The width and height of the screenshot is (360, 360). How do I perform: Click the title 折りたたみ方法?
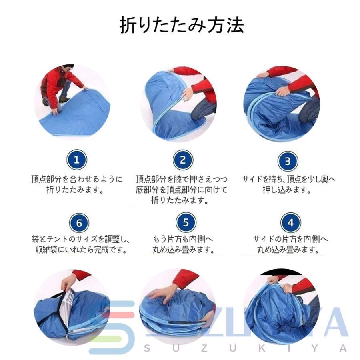(x=182, y=25)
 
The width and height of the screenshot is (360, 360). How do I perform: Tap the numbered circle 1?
(x=77, y=160)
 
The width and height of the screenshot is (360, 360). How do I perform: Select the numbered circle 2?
(x=183, y=160)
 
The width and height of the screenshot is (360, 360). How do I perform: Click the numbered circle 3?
(x=288, y=162)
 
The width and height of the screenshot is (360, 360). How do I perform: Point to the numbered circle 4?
(x=290, y=223)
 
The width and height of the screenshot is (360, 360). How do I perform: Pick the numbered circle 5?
(x=186, y=222)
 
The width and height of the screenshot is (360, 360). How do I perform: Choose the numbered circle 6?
(x=79, y=223)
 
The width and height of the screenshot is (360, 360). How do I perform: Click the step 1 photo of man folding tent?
(x=72, y=102)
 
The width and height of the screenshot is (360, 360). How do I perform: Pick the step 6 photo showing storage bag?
(x=72, y=308)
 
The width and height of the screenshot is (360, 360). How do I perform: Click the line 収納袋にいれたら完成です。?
(x=82, y=250)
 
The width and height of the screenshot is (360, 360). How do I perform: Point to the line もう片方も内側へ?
(x=183, y=239)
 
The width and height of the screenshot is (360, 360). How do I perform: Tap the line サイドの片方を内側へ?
(x=290, y=239)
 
